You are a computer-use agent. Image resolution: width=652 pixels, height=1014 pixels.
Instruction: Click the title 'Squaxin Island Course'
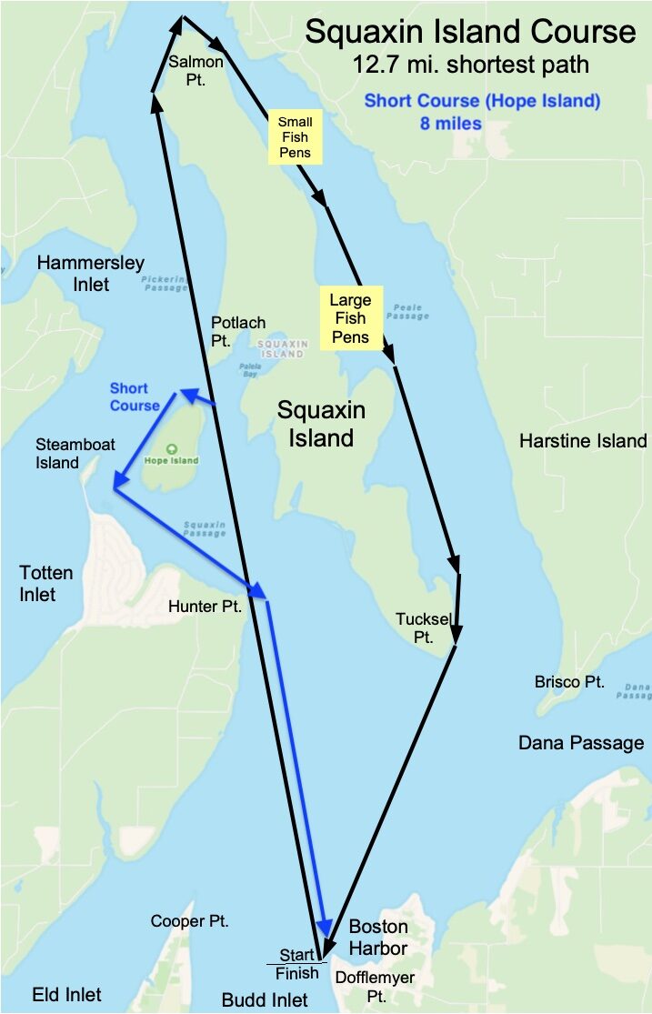pos(470,33)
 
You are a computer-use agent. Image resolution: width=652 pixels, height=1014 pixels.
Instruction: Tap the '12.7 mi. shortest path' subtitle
pos(470,65)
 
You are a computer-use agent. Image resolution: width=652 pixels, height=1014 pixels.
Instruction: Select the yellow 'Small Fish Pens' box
pos(295,136)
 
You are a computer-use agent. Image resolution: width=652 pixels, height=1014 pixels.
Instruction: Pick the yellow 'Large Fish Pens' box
pos(350,318)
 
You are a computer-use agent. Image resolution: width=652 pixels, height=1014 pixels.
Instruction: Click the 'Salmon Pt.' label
pos(196,71)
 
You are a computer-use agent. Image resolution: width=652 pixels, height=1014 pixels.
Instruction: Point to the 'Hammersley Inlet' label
pos(90,274)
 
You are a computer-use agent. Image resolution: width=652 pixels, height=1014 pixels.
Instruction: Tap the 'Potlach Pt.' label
pos(238,331)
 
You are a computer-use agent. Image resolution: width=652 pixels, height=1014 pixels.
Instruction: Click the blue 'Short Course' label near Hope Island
pos(135,397)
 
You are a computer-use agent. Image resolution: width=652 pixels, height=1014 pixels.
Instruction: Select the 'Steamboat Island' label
pos(71,454)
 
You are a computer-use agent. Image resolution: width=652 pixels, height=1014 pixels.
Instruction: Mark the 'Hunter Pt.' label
pos(206,607)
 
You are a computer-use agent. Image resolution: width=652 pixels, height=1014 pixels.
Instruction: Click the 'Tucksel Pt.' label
pos(422,627)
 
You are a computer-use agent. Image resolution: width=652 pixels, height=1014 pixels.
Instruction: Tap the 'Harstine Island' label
pos(583,441)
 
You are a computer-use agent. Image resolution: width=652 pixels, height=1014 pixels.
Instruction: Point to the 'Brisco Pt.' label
pos(570,681)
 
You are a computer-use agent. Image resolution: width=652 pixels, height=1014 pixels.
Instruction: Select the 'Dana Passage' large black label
pos(581,743)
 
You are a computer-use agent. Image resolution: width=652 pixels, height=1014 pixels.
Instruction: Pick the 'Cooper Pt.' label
pos(189,921)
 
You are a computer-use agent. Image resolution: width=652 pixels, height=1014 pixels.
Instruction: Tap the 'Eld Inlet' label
pos(67,994)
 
